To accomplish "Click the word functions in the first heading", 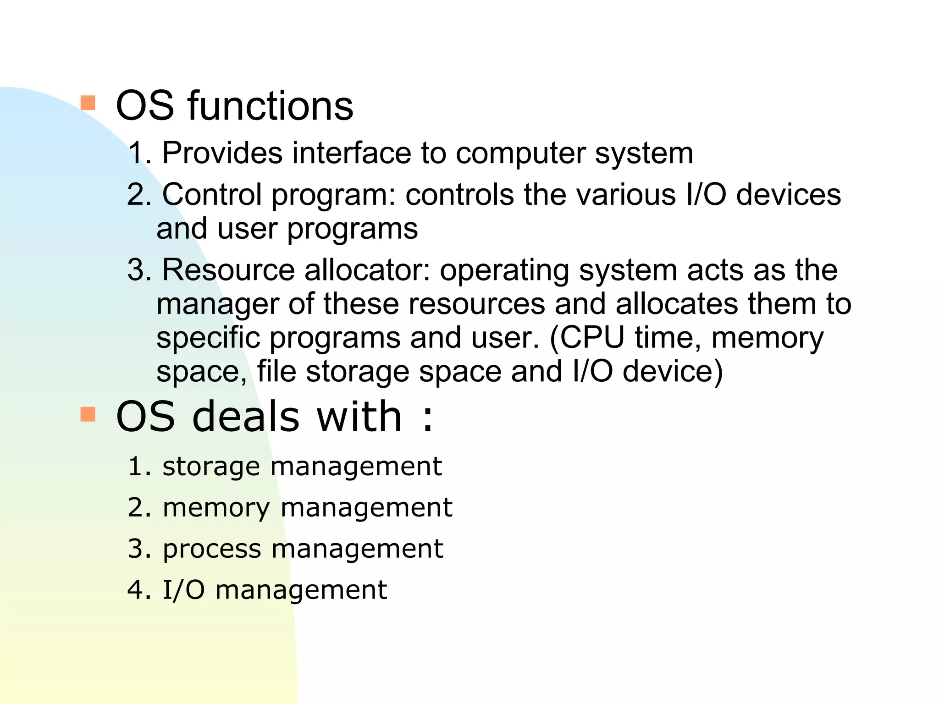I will click(x=271, y=106).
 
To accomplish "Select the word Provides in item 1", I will click(x=222, y=153).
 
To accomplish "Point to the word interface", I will click(x=352, y=153).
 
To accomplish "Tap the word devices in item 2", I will click(x=789, y=194).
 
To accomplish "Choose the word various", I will click(x=626, y=194).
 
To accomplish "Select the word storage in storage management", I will click(x=211, y=467).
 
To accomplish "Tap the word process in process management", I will click(x=212, y=549).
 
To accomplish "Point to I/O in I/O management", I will click(x=184, y=590).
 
